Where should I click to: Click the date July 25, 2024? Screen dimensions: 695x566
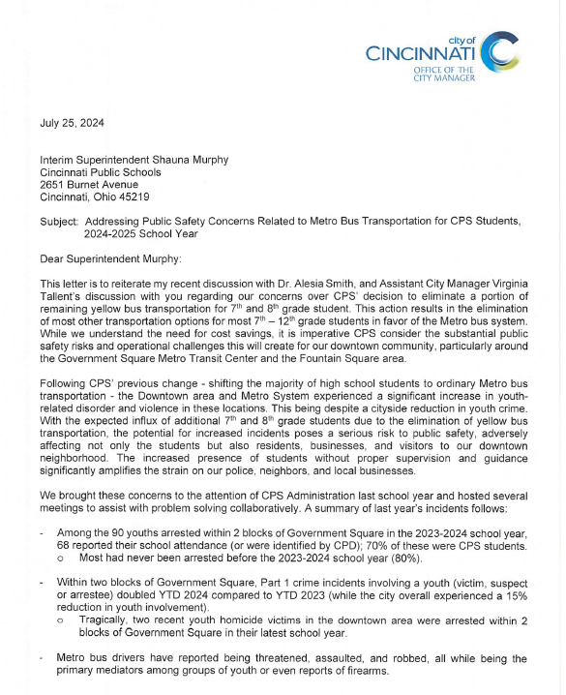(x=73, y=123)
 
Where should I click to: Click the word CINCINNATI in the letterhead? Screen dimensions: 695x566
(x=421, y=54)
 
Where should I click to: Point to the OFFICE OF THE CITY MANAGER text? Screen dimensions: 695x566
(x=442, y=75)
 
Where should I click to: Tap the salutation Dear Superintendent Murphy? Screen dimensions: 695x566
(x=109, y=257)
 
